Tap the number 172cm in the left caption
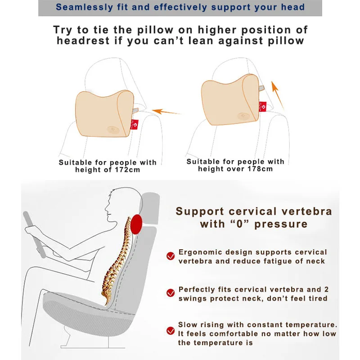[x=127, y=170]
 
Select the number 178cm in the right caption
[x=260, y=169]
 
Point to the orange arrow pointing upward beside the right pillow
[x=277, y=95]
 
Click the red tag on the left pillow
[x=134, y=125]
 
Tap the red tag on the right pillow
[x=263, y=107]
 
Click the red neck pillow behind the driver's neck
[x=136, y=224]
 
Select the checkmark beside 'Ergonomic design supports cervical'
[x=171, y=256]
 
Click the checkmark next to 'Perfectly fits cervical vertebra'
[x=171, y=293]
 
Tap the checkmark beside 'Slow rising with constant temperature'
[x=171, y=331]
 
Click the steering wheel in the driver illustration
[x=35, y=234]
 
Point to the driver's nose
[x=106, y=209]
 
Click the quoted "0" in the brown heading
[x=239, y=224]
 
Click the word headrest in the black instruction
[x=83, y=41]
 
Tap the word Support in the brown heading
[x=200, y=211]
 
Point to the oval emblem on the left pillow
[x=113, y=130]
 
